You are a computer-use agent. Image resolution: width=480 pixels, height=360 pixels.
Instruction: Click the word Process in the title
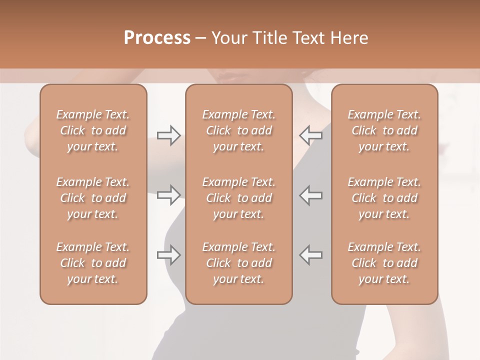(157, 37)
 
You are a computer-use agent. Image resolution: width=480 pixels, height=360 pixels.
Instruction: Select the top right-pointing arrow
(168, 135)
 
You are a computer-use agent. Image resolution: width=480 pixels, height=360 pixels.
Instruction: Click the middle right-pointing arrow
(168, 194)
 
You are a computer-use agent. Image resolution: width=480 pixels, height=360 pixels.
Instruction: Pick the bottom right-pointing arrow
(168, 255)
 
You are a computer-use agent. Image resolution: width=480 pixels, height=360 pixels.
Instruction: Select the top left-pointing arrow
(311, 135)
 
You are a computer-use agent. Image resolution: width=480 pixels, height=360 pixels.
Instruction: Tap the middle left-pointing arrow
(311, 194)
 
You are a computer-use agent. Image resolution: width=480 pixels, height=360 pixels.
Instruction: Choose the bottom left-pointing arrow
(311, 255)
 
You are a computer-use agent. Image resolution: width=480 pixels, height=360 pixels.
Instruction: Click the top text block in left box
(93, 130)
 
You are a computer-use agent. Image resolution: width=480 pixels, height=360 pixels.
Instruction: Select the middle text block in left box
(93, 198)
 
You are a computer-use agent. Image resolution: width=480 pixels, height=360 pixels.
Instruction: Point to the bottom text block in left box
(93, 263)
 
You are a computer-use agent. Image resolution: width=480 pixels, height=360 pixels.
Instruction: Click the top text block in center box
(239, 130)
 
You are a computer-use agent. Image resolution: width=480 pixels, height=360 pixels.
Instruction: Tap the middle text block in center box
(239, 198)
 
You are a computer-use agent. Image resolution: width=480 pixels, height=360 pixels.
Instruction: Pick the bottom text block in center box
(239, 263)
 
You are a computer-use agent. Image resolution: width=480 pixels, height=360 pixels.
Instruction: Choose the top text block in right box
(384, 130)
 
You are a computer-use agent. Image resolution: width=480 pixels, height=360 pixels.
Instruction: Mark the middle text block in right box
(384, 198)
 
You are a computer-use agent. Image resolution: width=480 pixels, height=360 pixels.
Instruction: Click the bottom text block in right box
(384, 263)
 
